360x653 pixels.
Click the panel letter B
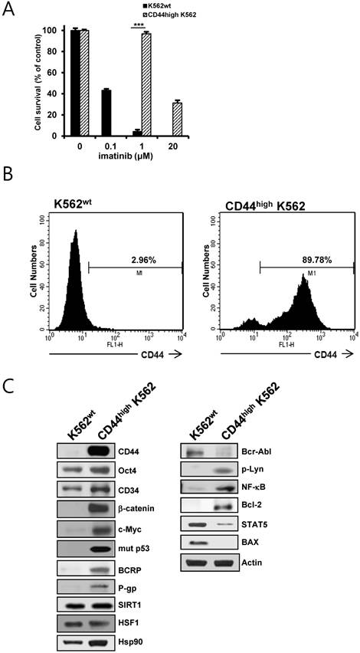10,190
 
